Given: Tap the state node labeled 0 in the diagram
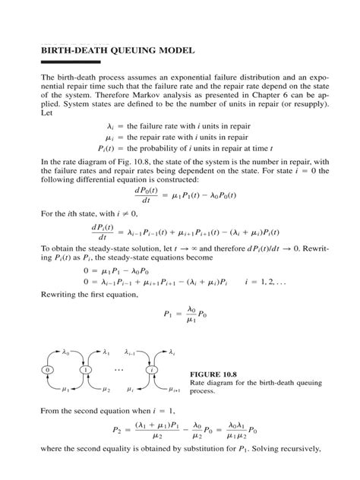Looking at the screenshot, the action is point(48,370).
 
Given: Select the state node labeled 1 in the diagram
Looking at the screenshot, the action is point(86,370).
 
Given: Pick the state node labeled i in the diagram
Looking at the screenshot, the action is point(154,370).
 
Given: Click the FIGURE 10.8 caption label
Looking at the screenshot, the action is point(215,374).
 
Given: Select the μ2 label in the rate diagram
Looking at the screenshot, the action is point(106,390).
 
